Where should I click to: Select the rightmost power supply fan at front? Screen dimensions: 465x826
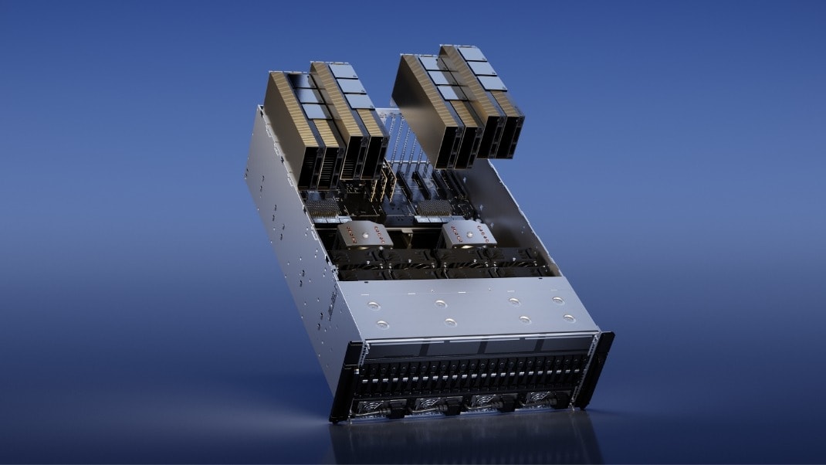point(543,399)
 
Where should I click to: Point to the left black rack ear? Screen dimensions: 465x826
point(346,382)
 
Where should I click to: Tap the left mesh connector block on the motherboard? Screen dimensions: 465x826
point(324,207)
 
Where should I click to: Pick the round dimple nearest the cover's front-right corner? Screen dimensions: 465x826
point(569,317)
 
